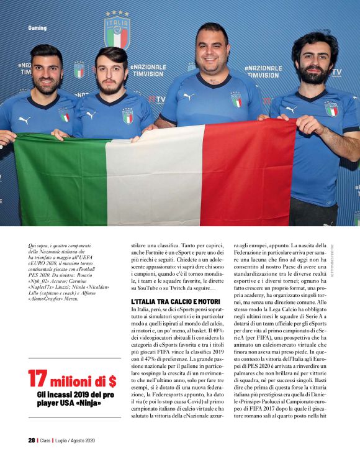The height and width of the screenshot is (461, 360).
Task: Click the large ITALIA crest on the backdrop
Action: (117, 30)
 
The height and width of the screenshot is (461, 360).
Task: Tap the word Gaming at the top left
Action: (37, 28)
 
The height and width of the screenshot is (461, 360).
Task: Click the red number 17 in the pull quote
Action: (38, 379)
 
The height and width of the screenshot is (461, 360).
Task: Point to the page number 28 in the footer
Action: (31, 440)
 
